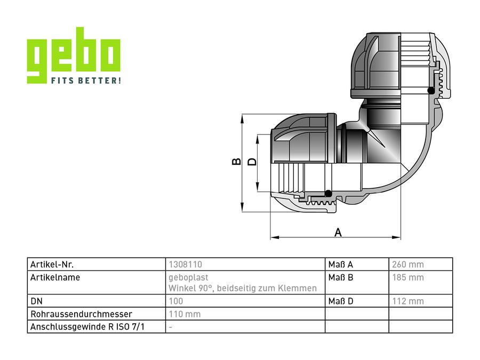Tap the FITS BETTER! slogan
tap(86, 81)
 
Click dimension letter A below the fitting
tap(338, 233)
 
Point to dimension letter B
tap(236, 161)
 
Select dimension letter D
tap(252, 161)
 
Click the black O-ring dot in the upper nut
tap(431, 90)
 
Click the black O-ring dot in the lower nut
tap(328, 194)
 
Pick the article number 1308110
tap(185, 265)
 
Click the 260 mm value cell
tap(408, 265)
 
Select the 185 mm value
tap(408, 278)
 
